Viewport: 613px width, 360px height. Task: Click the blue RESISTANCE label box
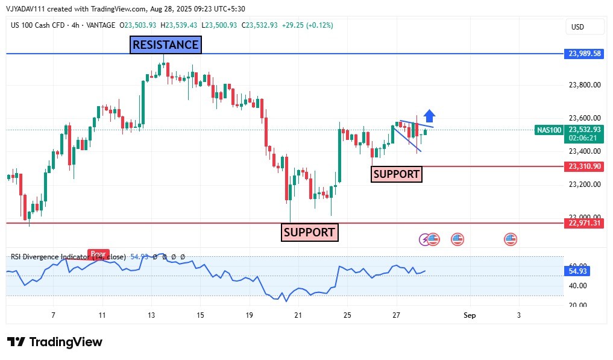pyautogui.click(x=165, y=45)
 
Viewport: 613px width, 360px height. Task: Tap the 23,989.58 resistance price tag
pyautogui.click(x=585, y=54)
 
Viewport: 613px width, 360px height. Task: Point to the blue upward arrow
pyautogui.click(x=429, y=116)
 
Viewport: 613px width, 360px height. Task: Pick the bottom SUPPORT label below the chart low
pyautogui.click(x=309, y=232)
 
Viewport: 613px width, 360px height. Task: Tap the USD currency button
pyautogui.click(x=577, y=27)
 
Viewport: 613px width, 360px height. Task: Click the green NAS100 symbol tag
pyautogui.click(x=549, y=130)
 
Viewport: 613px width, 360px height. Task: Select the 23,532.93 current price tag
pyautogui.click(x=585, y=129)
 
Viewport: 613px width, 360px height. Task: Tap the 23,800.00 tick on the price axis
pyautogui.click(x=585, y=85)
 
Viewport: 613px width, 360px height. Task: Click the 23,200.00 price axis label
pyautogui.click(x=585, y=185)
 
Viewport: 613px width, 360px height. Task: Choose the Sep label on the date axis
pyautogui.click(x=470, y=315)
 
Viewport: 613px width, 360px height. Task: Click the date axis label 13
pyautogui.click(x=151, y=315)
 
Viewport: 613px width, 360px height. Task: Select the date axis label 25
pyautogui.click(x=347, y=315)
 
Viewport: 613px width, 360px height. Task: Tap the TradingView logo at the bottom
pyautogui.click(x=55, y=342)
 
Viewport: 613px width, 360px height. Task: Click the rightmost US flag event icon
pyautogui.click(x=511, y=239)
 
